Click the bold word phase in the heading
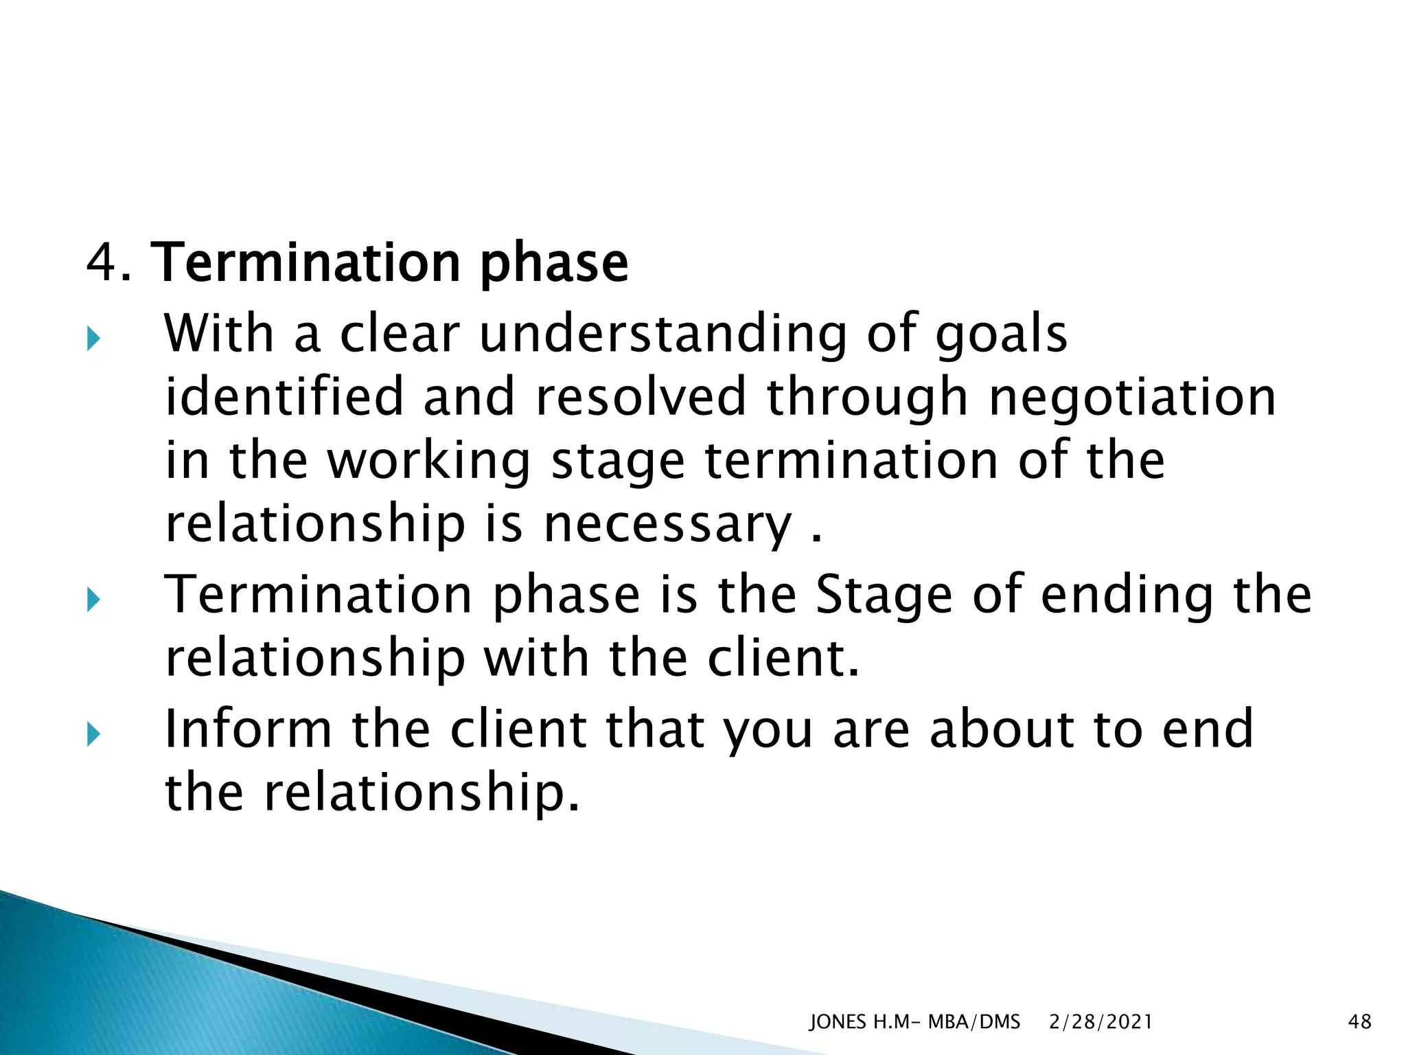(553, 264)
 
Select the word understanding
(662, 334)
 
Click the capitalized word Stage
(883, 595)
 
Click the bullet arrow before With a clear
(94, 339)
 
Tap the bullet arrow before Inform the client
(94, 736)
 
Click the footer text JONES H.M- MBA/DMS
(914, 1022)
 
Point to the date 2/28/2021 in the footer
(1100, 1022)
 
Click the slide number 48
(1359, 1022)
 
